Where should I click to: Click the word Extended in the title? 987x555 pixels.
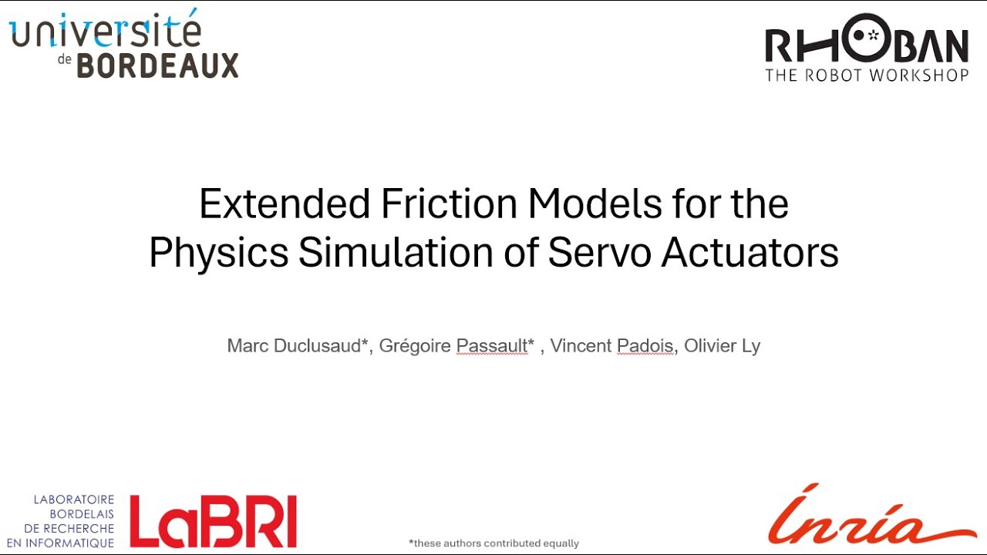tap(285, 204)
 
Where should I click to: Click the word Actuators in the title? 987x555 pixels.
tap(750, 253)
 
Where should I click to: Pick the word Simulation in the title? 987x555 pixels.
tap(406, 253)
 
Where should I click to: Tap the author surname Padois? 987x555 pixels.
tap(646, 346)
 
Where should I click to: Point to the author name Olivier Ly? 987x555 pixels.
tap(722, 346)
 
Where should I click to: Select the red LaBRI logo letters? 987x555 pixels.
tap(214, 521)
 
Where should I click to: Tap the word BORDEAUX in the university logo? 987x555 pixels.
tap(158, 66)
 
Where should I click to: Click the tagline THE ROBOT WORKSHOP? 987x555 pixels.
tap(866, 76)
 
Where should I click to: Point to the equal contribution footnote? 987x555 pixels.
tap(493, 543)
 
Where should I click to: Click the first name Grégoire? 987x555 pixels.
tap(415, 346)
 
